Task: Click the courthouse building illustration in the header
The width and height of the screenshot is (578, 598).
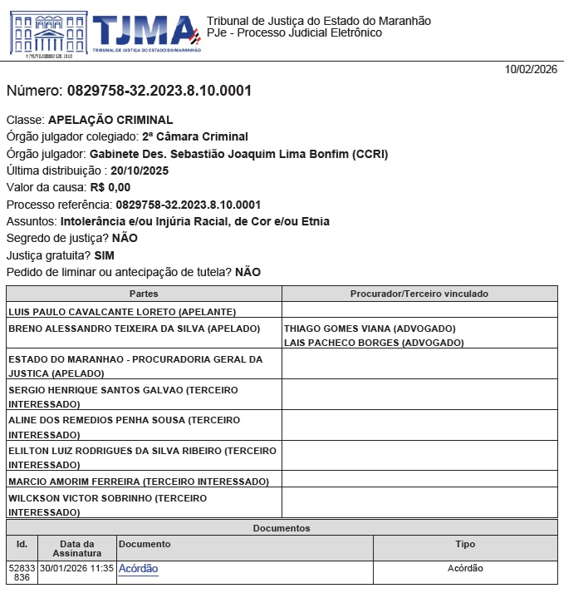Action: pos(47,32)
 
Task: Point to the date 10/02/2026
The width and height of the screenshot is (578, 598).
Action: pos(531,70)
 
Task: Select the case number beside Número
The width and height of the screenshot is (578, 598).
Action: pos(159,91)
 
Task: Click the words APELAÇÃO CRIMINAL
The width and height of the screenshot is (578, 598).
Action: pos(110,120)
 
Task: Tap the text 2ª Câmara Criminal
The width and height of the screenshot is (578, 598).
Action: pos(195,136)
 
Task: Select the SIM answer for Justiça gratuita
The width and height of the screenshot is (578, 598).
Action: pos(105,255)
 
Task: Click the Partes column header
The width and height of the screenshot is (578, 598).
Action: pos(144,294)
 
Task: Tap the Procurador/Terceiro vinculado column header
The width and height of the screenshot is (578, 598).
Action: pos(419,294)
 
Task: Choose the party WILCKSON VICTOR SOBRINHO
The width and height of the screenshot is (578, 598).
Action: pos(91,497)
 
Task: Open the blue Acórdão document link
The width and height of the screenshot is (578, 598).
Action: pos(138,569)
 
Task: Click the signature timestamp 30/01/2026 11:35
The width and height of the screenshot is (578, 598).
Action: pos(76,569)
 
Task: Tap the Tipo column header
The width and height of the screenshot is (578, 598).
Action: pos(465,544)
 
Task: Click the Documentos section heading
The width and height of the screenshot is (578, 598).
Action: pos(282,528)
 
